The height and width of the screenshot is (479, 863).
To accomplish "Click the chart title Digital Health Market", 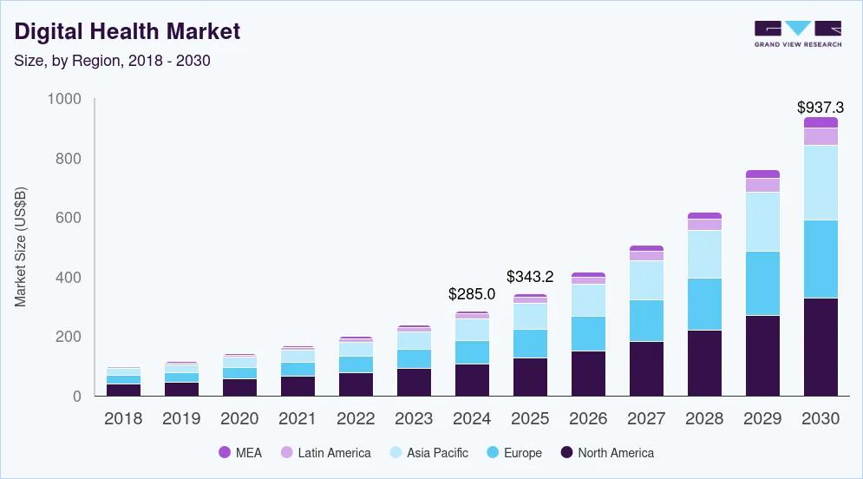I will coord(127,32).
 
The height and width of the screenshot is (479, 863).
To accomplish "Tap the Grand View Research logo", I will coord(797,34).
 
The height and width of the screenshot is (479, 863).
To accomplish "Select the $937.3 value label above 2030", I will coord(820,108).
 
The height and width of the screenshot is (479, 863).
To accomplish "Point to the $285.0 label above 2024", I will coord(471,294).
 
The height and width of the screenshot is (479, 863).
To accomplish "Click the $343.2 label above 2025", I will coord(530,277).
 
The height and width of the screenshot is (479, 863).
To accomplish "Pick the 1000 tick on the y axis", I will coord(63,100).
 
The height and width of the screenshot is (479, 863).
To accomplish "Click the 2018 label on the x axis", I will coord(123,418).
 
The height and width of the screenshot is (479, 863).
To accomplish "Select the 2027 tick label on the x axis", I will coord(646,418).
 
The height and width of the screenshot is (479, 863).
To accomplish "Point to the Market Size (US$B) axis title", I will coord(21,246).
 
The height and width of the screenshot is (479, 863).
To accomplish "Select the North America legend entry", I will coord(607,453).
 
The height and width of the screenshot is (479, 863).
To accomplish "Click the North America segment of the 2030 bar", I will coord(821,347).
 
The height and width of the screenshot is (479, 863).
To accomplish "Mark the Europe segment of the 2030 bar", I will coord(821,259).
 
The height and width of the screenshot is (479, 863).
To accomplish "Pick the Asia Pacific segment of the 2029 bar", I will coord(762,221).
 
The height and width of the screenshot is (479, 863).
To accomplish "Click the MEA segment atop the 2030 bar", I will coord(821,122).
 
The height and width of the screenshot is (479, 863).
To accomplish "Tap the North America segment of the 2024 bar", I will coord(471,380).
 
